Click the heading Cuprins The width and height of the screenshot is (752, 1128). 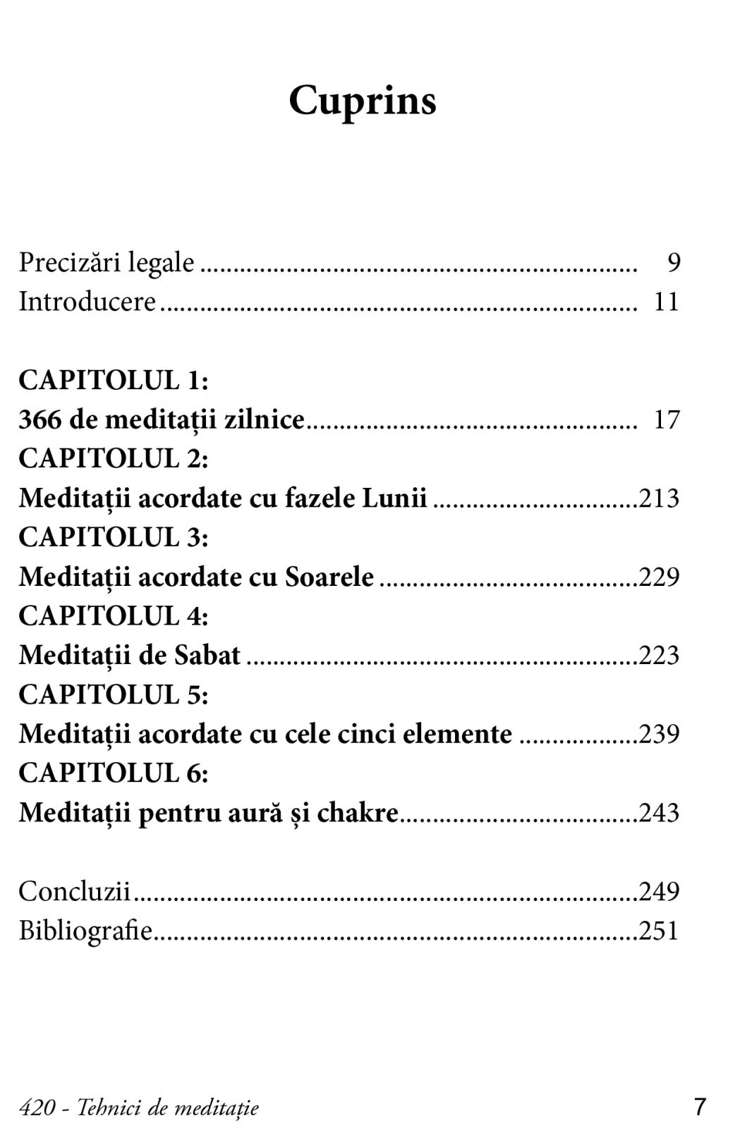coord(363,101)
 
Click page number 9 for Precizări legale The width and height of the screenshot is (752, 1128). coord(674,263)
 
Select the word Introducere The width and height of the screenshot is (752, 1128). coord(87,302)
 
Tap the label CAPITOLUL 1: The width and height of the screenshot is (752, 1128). coord(114,381)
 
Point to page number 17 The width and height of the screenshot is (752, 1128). coord(667,420)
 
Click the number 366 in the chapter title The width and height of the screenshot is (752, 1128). coord(40,420)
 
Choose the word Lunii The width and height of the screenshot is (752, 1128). coord(394,498)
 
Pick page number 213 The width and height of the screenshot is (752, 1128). coord(659,498)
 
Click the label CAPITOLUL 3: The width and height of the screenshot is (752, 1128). coord(114,538)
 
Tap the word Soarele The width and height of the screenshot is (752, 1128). coord(329,577)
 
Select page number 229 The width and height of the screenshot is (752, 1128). coord(659,577)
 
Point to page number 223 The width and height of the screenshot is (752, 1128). coord(659,656)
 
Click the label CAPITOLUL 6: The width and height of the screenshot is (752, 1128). coord(114,773)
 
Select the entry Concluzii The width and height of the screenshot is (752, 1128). coord(74,892)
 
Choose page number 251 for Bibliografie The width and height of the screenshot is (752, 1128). coord(659,931)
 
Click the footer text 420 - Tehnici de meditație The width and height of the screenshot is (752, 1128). coord(139,1108)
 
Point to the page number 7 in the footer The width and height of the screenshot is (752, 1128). coord(699,1107)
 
